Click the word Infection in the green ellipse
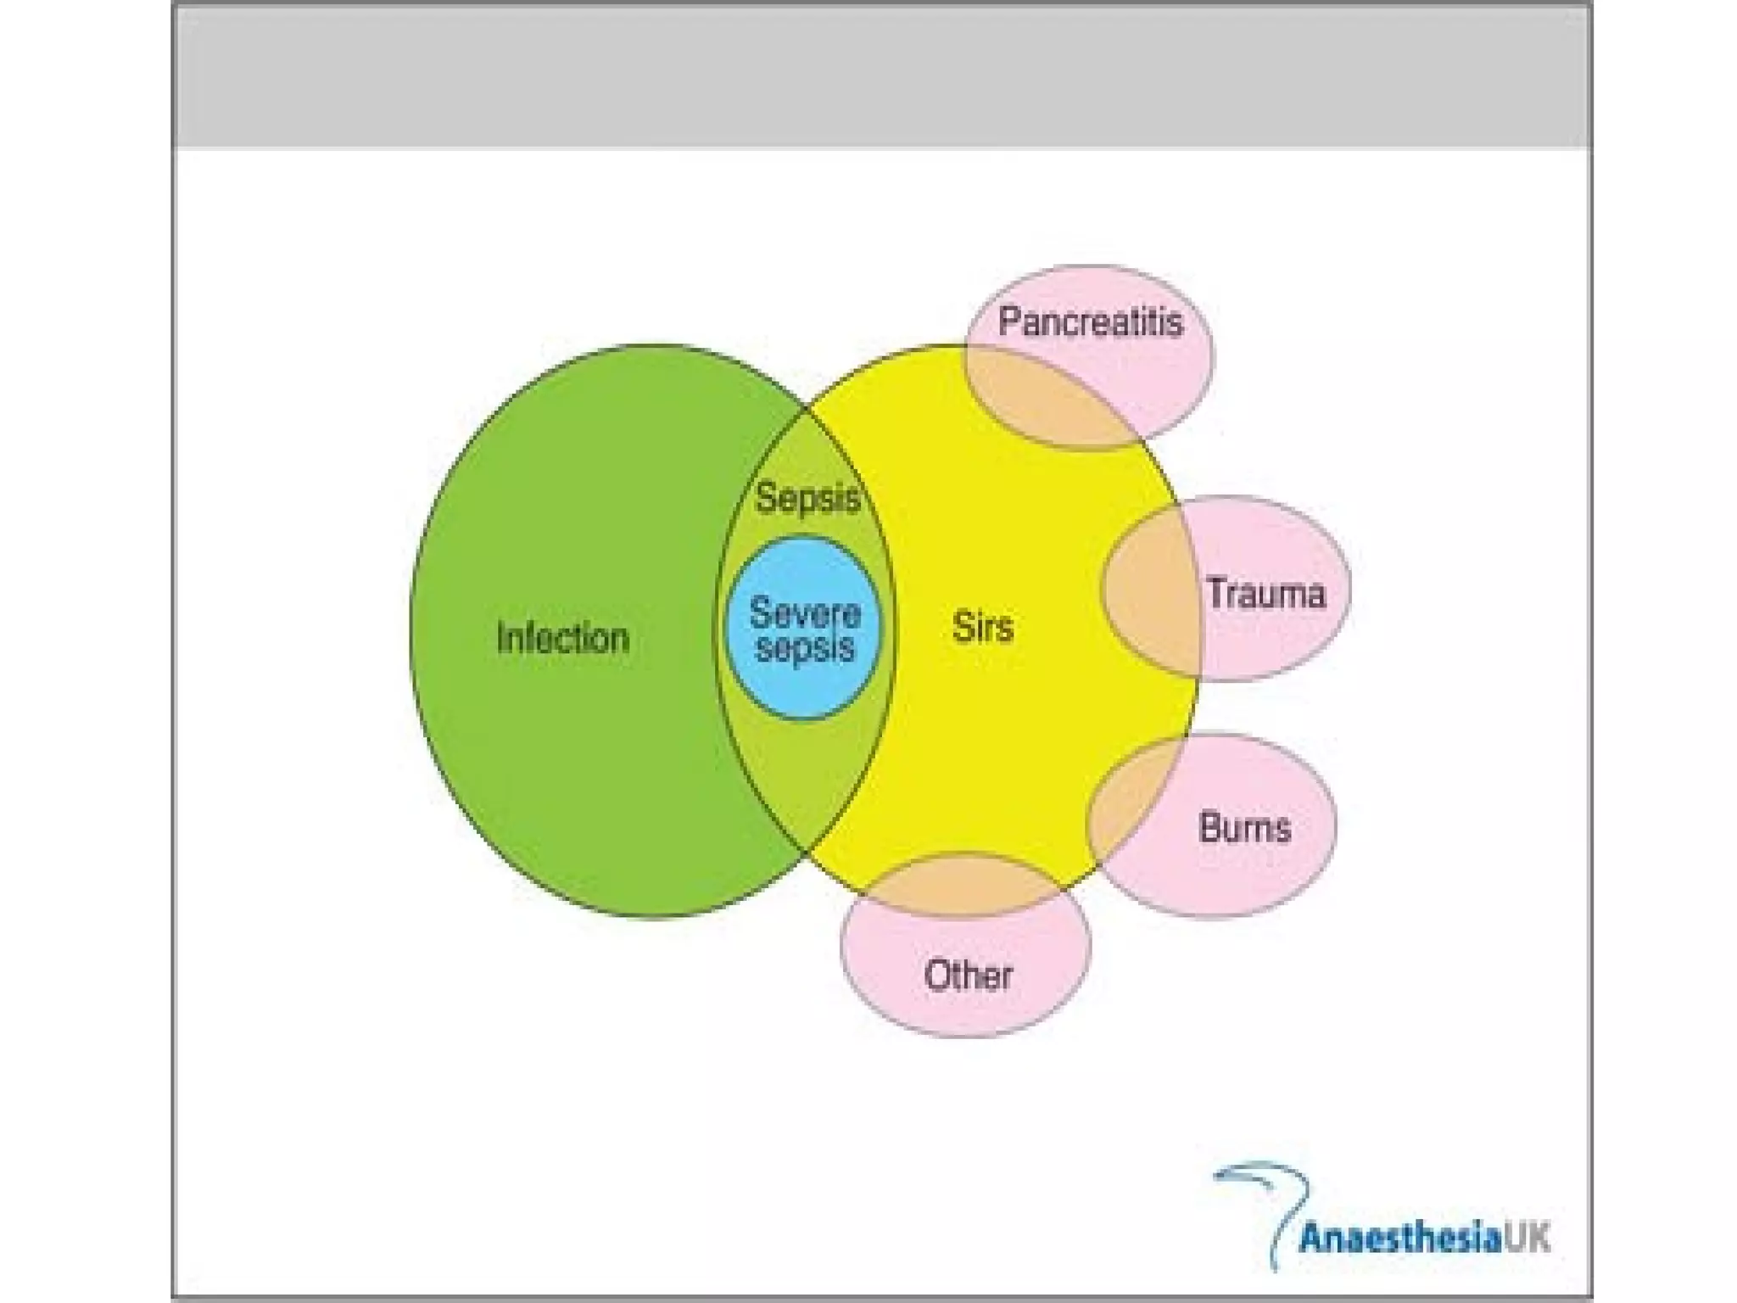[x=562, y=638]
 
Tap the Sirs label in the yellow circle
[x=982, y=628]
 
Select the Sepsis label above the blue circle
[x=807, y=497]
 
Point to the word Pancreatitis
[x=1090, y=322]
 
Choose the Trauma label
[x=1265, y=593]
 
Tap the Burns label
[x=1244, y=827]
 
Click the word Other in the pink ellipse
[x=968, y=976]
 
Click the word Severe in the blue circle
[x=804, y=612]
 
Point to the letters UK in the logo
[x=1528, y=1238]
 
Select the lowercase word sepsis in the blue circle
[x=804, y=648]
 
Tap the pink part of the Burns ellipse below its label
[x=1221, y=882]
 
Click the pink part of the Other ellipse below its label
[x=967, y=1014]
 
